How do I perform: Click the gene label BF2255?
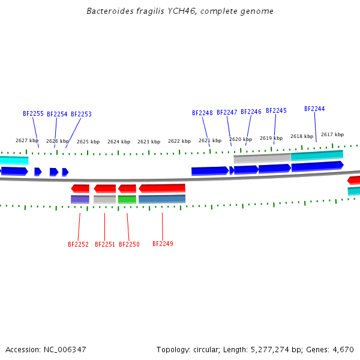click(33, 113)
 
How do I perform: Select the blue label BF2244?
click(314, 109)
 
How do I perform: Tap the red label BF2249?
click(163, 244)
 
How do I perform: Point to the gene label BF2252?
click(78, 244)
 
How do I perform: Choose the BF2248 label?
click(202, 113)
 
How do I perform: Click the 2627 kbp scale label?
click(27, 140)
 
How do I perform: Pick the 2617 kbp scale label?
click(332, 134)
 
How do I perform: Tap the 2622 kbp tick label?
click(179, 141)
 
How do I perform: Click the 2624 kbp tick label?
click(119, 142)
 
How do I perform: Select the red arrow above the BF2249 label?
click(162, 188)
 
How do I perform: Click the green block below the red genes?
click(127, 199)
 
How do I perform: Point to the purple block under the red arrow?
click(80, 199)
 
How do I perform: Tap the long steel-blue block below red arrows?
click(162, 199)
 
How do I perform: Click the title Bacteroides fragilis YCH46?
click(180, 11)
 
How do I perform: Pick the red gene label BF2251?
click(104, 244)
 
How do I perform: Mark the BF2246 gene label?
click(251, 112)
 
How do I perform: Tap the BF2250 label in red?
click(129, 244)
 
